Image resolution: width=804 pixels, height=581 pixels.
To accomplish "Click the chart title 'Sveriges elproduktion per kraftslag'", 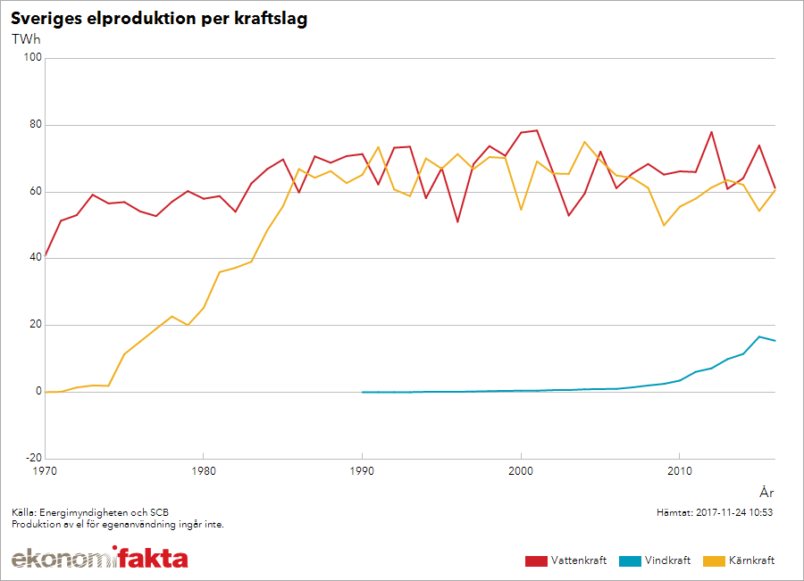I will click(159, 19).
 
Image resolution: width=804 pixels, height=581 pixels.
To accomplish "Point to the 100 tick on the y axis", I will click(33, 58).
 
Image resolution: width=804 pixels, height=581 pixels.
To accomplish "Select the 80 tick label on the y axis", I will click(36, 125).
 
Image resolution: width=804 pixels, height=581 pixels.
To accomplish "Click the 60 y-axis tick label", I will click(36, 192).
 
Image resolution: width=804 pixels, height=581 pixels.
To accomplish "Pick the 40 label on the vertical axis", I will click(36, 259).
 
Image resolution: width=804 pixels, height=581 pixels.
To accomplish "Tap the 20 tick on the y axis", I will click(36, 325).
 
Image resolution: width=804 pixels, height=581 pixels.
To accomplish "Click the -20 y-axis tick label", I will click(33, 458).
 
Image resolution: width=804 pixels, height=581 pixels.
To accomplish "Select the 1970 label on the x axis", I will click(45, 471).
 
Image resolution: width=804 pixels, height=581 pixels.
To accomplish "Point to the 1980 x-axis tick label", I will click(203, 471).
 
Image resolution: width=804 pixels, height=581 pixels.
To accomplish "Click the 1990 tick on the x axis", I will click(362, 471).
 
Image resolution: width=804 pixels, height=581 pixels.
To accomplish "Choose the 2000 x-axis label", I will click(521, 471).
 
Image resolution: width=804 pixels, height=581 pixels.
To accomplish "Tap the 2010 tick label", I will click(679, 471).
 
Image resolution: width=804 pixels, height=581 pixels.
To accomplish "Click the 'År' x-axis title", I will click(766, 492).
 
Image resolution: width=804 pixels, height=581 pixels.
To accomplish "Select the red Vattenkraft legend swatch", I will click(536, 560).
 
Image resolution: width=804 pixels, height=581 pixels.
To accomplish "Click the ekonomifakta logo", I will click(99, 559).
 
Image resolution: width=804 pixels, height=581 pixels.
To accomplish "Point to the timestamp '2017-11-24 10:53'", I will click(733, 513).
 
